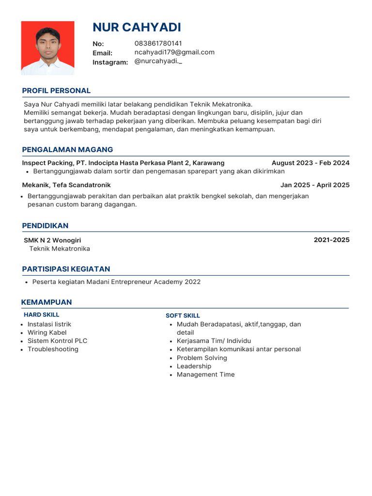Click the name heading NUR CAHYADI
point(137,27)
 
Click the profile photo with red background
point(47,48)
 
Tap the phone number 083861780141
point(158,44)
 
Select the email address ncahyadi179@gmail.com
point(174,52)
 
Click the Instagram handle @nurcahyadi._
point(158,62)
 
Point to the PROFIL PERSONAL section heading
point(56,91)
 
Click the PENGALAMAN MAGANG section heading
point(67,150)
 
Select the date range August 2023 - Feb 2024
point(310,163)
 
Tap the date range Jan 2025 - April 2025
point(314,185)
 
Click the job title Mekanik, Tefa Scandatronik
point(66,185)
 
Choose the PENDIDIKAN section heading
point(45,226)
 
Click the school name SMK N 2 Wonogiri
point(52,240)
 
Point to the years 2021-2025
point(331,240)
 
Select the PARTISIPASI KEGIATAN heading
point(66,269)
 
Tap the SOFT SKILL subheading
point(183,316)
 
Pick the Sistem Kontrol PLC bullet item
point(57,341)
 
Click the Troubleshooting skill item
point(53,349)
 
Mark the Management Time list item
point(205,374)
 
